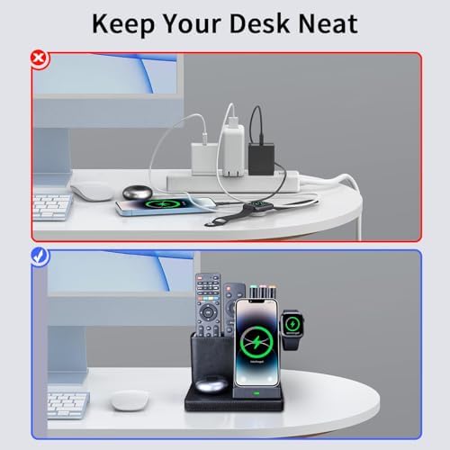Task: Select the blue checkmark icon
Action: click(38, 256)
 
